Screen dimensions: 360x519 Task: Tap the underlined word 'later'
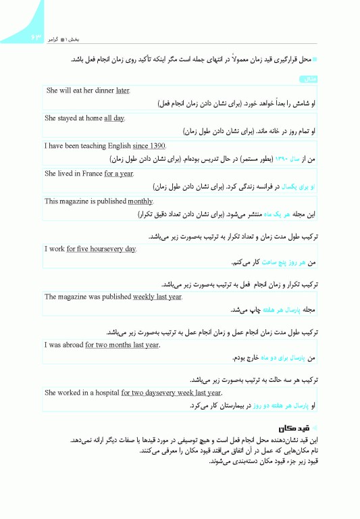coord(122,90)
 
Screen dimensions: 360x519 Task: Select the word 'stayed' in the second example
coord(70,118)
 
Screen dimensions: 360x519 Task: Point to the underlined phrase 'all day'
coord(114,118)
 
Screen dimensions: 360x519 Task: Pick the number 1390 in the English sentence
coord(157,145)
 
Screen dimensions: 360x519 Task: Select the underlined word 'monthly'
coord(140,201)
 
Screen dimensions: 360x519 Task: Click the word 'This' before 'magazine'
coord(52,201)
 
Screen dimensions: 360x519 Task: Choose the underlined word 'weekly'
coord(144,296)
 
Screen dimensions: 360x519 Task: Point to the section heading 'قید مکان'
coord(294,428)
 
